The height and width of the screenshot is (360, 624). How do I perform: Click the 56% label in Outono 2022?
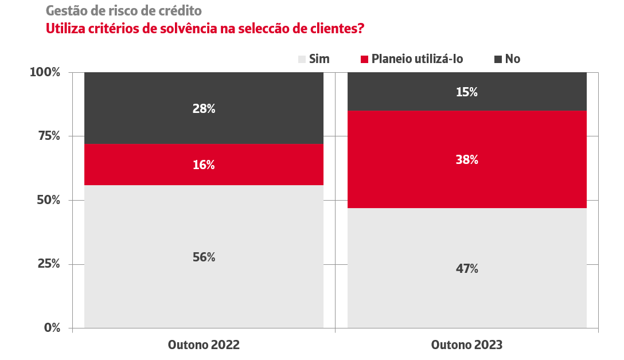[204, 257]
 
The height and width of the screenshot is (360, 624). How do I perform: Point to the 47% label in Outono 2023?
[467, 268]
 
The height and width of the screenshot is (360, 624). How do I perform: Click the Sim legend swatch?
[302, 59]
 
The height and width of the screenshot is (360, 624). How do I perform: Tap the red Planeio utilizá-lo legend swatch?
[364, 59]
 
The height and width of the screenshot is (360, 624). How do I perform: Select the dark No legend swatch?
[497, 59]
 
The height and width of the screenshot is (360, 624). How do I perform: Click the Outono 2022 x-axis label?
[204, 345]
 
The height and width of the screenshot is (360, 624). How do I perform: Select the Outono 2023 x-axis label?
[467, 345]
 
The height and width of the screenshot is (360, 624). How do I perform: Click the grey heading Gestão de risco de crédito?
[123, 11]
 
